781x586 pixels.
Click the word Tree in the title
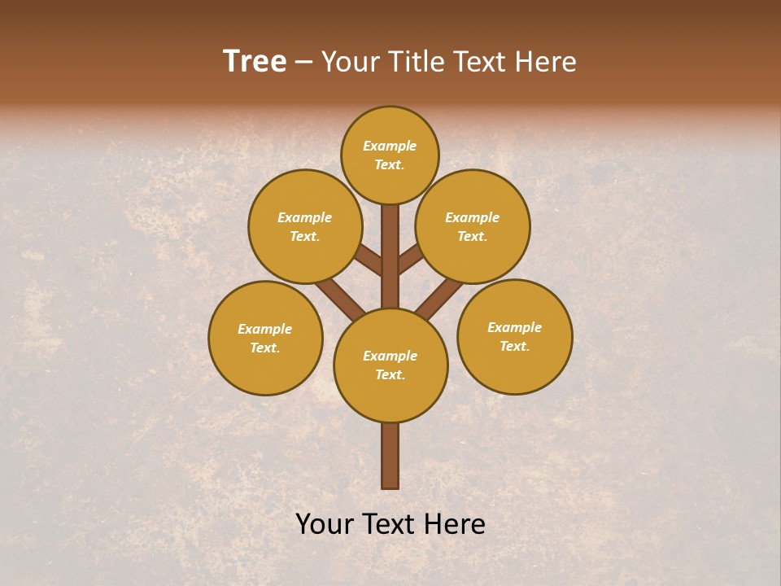pos(255,62)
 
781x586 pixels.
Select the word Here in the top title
pos(545,62)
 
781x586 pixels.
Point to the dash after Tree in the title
pos(303,63)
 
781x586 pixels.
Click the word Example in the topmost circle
pos(390,146)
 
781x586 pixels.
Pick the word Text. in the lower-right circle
pos(515,347)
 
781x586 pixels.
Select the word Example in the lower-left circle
pos(265,330)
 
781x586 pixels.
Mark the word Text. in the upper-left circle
pos(305,237)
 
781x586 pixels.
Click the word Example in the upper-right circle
pos(473,218)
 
